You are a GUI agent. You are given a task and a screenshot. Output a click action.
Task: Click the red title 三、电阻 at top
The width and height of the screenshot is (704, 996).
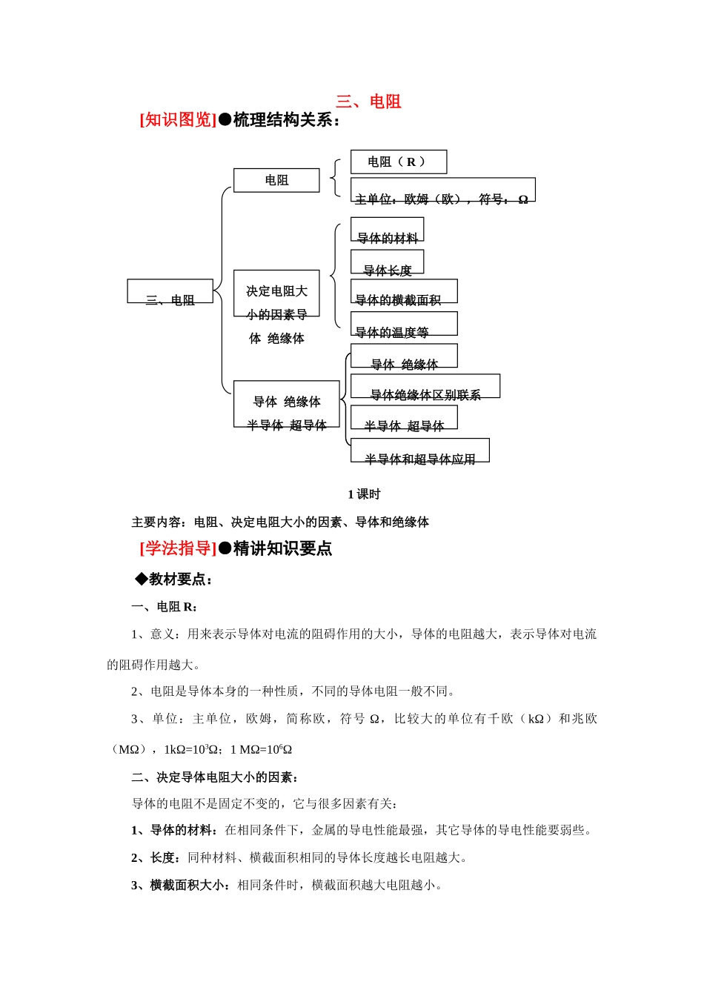pos(368,102)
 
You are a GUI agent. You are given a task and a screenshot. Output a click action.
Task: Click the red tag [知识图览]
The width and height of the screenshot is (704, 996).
pos(178,120)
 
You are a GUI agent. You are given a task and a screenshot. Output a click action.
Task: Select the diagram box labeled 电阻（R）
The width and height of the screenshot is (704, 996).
pos(398,162)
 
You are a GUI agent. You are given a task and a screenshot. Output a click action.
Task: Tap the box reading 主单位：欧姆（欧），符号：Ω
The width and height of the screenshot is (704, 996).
pos(442,190)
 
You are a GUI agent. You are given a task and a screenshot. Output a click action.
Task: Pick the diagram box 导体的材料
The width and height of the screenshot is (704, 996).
pos(387,230)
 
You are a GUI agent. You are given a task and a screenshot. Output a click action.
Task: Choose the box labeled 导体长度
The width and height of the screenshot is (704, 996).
pos(387,262)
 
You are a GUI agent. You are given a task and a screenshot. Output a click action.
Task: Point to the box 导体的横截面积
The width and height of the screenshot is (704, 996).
pos(403,291)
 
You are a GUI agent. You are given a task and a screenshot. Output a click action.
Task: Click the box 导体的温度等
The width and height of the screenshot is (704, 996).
pos(403,324)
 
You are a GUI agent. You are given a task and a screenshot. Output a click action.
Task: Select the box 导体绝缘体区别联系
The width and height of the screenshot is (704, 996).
pos(425,386)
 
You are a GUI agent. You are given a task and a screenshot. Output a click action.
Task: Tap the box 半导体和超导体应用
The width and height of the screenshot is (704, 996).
pos(419,451)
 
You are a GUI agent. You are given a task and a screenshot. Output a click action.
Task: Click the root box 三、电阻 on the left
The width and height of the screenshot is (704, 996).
pos(170,291)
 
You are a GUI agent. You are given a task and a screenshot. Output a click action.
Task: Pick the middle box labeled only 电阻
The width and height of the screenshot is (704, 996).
pos(276,180)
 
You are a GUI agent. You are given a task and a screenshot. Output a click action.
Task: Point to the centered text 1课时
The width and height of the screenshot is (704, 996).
pos(364,494)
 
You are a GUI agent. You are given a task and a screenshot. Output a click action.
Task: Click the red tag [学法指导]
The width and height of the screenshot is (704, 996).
pos(178,548)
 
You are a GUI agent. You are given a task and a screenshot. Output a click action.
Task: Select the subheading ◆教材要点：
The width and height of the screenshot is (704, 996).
pos(174,580)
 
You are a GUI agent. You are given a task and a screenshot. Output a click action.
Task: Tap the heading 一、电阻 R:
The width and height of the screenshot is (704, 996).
pos(165,607)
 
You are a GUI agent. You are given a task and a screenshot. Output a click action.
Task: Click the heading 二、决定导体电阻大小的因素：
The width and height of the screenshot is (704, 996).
pos(215,777)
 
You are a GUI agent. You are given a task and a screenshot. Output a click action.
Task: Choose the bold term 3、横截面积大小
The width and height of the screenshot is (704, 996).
pos(180,885)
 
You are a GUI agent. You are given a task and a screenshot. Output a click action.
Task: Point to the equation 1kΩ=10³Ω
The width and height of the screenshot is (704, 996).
pos(192,750)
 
